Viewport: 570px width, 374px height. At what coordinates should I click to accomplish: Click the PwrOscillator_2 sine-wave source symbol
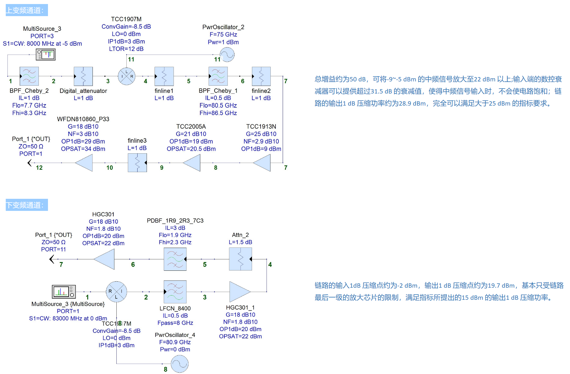(x=227, y=55)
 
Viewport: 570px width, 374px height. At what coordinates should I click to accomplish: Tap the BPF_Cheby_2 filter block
(x=29, y=76)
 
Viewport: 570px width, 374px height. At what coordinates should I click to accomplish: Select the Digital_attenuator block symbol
(x=83, y=76)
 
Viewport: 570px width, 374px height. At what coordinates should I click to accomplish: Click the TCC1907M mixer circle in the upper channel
(x=126, y=76)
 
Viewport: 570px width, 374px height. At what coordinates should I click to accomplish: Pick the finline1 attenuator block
(x=164, y=76)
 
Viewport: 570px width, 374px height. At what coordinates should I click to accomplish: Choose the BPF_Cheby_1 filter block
(x=218, y=76)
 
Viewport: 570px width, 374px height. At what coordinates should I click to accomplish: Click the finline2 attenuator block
(x=261, y=76)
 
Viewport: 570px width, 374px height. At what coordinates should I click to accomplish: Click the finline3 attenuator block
(x=137, y=163)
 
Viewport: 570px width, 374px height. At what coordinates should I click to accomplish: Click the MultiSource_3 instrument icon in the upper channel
(x=46, y=54)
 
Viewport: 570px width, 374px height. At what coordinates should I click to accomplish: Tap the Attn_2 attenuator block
(x=240, y=259)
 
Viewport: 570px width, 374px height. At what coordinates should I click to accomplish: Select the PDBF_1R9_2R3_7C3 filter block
(x=175, y=259)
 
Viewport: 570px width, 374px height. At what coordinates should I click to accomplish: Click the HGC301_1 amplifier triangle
(x=239, y=292)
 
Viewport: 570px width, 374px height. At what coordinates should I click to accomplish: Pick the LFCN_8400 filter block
(x=175, y=292)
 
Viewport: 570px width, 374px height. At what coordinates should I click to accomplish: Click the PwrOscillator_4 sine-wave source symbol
(x=180, y=364)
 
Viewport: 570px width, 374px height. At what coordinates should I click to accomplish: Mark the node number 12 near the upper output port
(x=39, y=168)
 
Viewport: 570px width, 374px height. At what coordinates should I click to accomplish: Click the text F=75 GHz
(x=223, y=35)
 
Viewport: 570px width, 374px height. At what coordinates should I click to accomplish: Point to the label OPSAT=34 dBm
(x=83, y=149)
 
